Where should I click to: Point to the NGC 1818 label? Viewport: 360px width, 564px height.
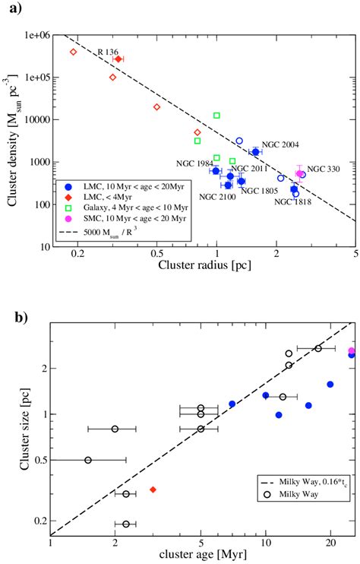point(293,201)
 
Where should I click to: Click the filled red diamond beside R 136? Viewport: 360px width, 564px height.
point(118,59)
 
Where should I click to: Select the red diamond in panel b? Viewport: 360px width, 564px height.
point(153,490)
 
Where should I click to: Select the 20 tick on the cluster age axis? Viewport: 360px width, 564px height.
point(330,543)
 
